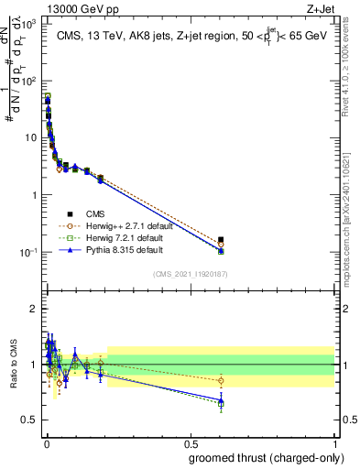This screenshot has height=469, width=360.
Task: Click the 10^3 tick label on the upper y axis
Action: (x=27, y=24)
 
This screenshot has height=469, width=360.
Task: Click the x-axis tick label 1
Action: (x=335, y=442)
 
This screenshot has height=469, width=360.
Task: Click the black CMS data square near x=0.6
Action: (x=221, y=240)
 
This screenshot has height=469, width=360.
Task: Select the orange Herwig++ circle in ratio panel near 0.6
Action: (x=221, y=380)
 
